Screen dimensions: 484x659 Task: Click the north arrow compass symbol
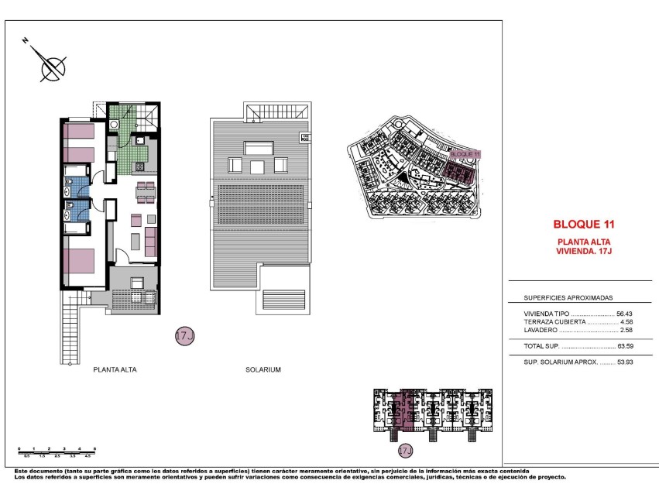tap(51, 67)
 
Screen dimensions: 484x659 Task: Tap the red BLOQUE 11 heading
tap(583, 225)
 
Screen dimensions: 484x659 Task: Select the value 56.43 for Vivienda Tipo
tap(624, 313)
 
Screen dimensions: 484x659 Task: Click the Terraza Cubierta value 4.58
tap(626, 321)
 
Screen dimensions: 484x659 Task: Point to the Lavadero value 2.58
tap(626, 330)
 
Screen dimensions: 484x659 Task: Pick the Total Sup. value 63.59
tap(624, 346)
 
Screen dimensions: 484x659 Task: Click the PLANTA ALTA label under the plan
tap(115, 370)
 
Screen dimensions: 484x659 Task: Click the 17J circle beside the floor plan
tap(184, 336)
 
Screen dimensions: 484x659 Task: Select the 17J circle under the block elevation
tap(403, 450)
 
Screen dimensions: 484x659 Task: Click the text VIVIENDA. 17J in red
tap(585, 251)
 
